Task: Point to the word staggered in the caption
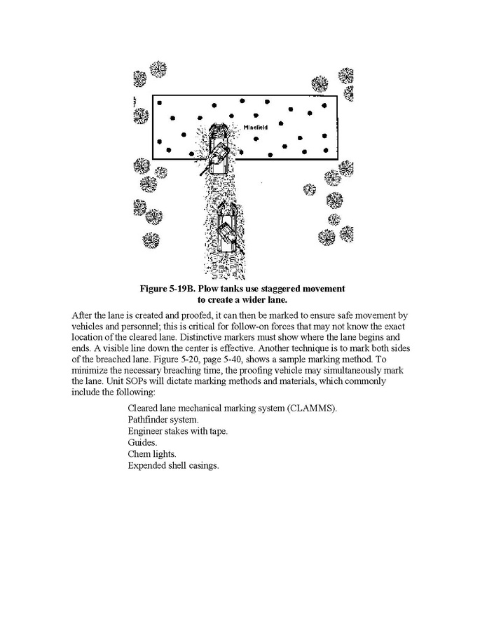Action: pos(277,289)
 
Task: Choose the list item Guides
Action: pos(142,442)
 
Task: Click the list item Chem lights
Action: pos(152,454)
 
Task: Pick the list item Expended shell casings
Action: pos(174,465)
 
